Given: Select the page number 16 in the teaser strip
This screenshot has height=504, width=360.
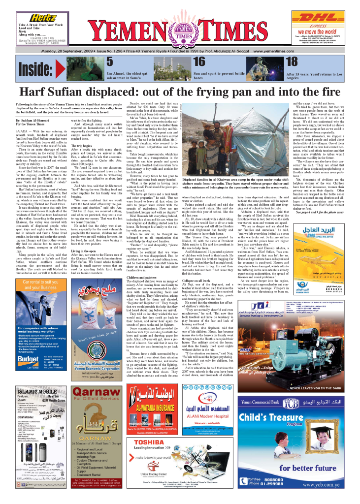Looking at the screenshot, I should (199, 62).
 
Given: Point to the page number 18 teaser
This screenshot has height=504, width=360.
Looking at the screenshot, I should (292, 62).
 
